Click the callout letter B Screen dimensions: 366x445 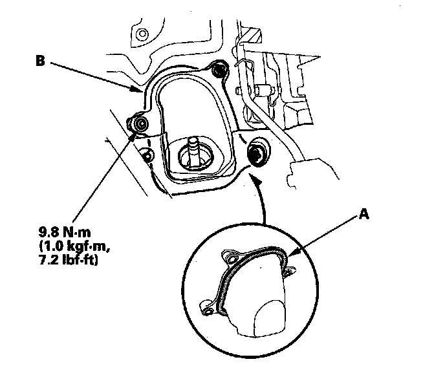pyautogui.click(x=40, y=62)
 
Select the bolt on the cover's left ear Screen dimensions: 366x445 pyautogui.click(x=138, y=122)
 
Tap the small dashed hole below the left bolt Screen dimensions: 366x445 pyautogui.click(x=148, y=155)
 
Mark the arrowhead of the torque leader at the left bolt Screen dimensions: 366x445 pyautogui.click(x=135, y=133)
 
